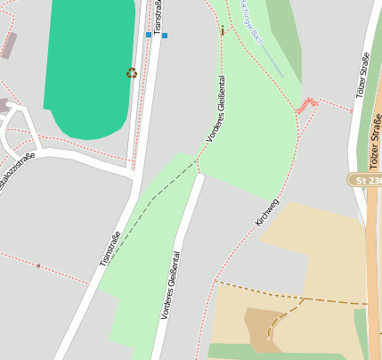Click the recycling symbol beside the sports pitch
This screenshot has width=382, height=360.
132,73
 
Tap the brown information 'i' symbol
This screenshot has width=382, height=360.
222,30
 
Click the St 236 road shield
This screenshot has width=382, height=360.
365,180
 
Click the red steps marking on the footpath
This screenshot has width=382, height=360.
307,104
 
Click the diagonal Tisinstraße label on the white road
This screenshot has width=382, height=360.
110,249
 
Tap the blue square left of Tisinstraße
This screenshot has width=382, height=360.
149,36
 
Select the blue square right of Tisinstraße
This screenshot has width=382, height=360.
164,36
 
